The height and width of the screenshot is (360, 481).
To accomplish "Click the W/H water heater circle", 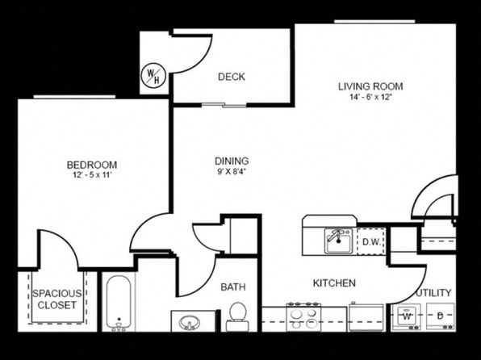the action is point(153,76).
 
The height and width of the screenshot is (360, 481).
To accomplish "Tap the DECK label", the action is point(232,77).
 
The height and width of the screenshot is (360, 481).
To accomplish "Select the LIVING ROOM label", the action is point(370,86).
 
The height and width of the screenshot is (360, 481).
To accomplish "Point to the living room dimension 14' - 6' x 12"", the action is point(371,98).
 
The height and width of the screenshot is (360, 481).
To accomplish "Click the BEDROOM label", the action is point(92,165).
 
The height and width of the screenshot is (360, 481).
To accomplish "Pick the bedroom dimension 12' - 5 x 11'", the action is point(92,175).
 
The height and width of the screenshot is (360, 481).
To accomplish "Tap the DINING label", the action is point(232,161).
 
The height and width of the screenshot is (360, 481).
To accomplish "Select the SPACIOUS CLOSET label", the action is point(57,299).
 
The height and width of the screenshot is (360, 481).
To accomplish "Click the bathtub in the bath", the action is point(119,303).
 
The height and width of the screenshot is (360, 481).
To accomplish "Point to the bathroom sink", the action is point(190,323).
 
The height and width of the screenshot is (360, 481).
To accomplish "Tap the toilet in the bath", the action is point(238,317).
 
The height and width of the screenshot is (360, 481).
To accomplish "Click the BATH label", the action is point(233,287).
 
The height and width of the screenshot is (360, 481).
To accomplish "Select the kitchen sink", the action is point(338,241).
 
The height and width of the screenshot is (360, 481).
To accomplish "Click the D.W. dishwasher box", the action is point(371,241).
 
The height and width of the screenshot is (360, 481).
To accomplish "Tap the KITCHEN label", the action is point(334,283).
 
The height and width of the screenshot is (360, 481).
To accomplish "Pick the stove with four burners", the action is point(303,317).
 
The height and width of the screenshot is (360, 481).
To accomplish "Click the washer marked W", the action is point(407,316).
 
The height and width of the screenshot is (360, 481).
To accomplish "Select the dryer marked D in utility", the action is point(441,316).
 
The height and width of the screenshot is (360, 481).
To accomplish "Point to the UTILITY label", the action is point(433,293).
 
